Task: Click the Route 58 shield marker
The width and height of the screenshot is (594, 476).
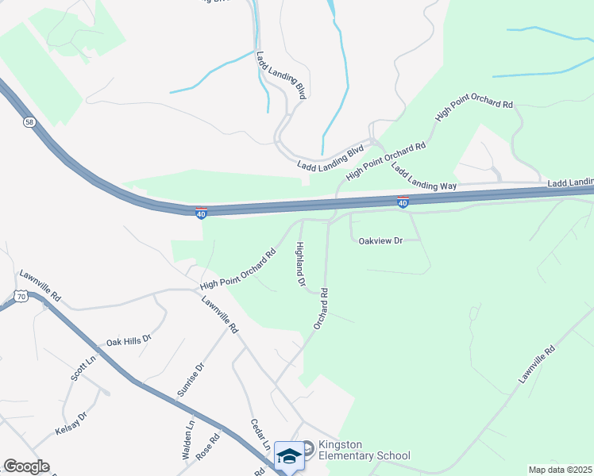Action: click(x=29, y=122)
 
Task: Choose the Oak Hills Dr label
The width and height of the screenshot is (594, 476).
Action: click(x=129, y=342)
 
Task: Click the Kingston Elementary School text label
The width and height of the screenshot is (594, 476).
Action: click(x=364, y=450)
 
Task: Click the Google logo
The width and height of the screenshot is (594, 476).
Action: click(x=26, y=466)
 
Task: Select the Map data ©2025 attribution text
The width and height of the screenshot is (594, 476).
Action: click(x=560, y=470)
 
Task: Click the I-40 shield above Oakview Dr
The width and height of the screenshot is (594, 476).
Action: click(x=403, y=203)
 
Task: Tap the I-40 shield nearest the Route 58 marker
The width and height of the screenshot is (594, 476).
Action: click(x=201, y=213)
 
